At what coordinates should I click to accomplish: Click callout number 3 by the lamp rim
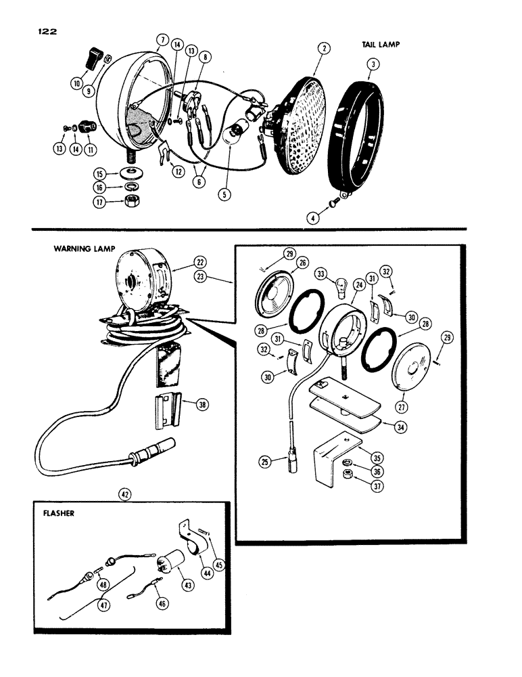[x=373, y=64]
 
